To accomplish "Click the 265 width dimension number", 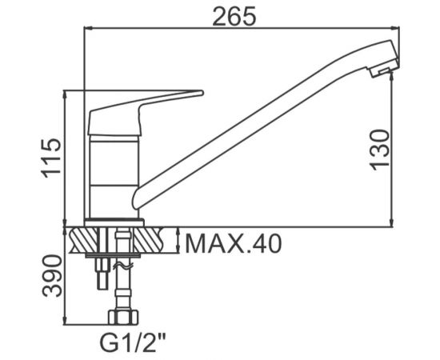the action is click(x=234, y=15).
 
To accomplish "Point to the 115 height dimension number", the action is click(x=51, y=158).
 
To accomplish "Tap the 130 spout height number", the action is click(x=380, y=150).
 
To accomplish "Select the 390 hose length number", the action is click(x=51, y=275).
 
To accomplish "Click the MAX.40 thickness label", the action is click(x=233, y=243).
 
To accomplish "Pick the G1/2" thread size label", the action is click(x=133, y=342).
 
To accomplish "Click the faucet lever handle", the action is click(x=146, y=112).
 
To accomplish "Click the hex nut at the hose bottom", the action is click(x=123, y=317).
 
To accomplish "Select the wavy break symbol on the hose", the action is click(x=122, y=266).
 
